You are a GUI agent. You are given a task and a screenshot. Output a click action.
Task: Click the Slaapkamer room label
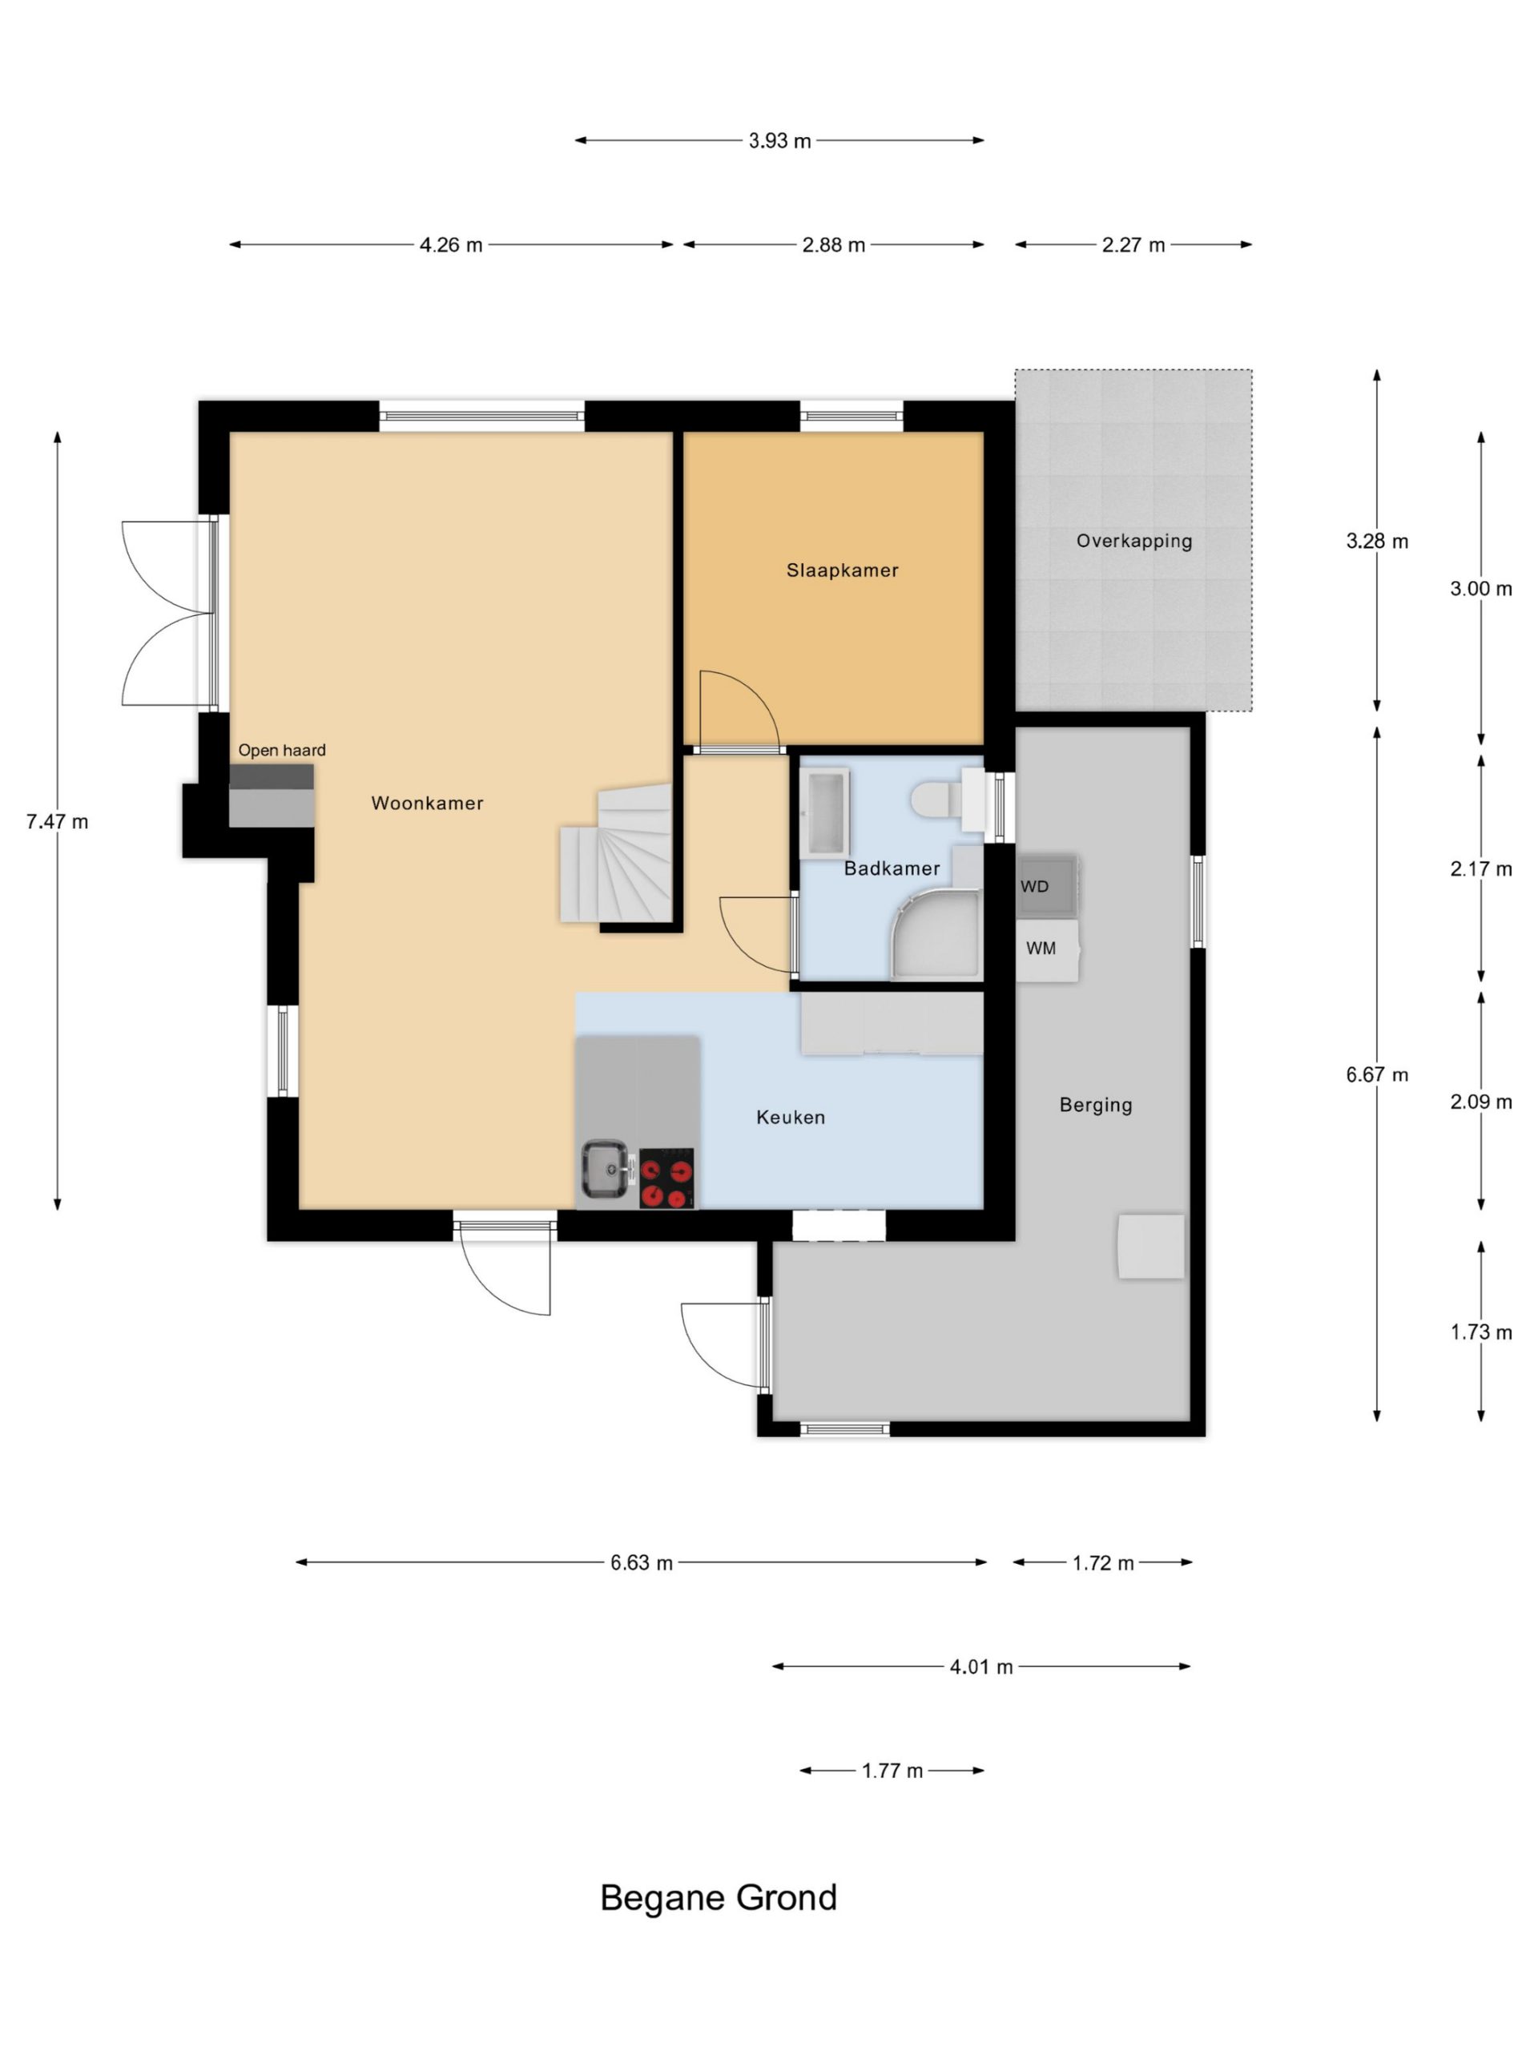coord(842,570)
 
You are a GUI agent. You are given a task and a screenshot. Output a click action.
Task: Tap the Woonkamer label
coord(428,803)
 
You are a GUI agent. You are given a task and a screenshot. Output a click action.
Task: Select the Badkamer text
coord(892,868)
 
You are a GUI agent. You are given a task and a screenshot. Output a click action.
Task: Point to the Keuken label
coord(791,1118)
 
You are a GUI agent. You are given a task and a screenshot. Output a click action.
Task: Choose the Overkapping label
coord(1133,542)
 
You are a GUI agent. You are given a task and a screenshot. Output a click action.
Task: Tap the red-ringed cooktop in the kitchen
coord(666,1179)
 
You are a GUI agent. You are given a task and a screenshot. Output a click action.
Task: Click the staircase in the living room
coord(615,853)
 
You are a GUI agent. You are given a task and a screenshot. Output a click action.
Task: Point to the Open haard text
coord(282,750)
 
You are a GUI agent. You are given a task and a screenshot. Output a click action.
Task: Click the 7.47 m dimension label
coord(58,821)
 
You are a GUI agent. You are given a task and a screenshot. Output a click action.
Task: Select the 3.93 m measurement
coord(779,141)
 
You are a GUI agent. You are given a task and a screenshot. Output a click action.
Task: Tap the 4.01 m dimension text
coord(980,1667)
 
